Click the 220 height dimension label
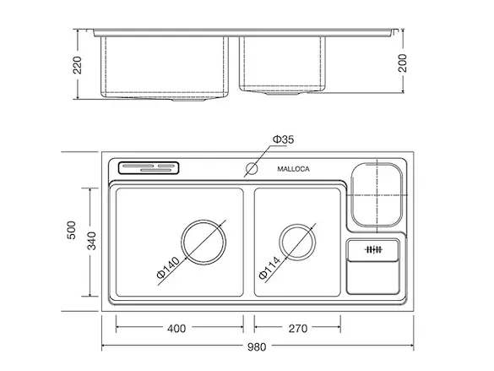[x=77, y=65]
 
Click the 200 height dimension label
[x=402, y=63]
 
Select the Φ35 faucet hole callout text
[x=283, y=139]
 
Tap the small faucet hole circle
[x=252, y=168]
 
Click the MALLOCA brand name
[x=293, y=169]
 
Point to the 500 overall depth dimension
[x=72, y=230]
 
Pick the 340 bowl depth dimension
[x=91, y=241]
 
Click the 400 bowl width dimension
[x=176, y=329]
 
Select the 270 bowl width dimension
[x=298, y=329]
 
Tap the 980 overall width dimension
[x=257, y=347]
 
